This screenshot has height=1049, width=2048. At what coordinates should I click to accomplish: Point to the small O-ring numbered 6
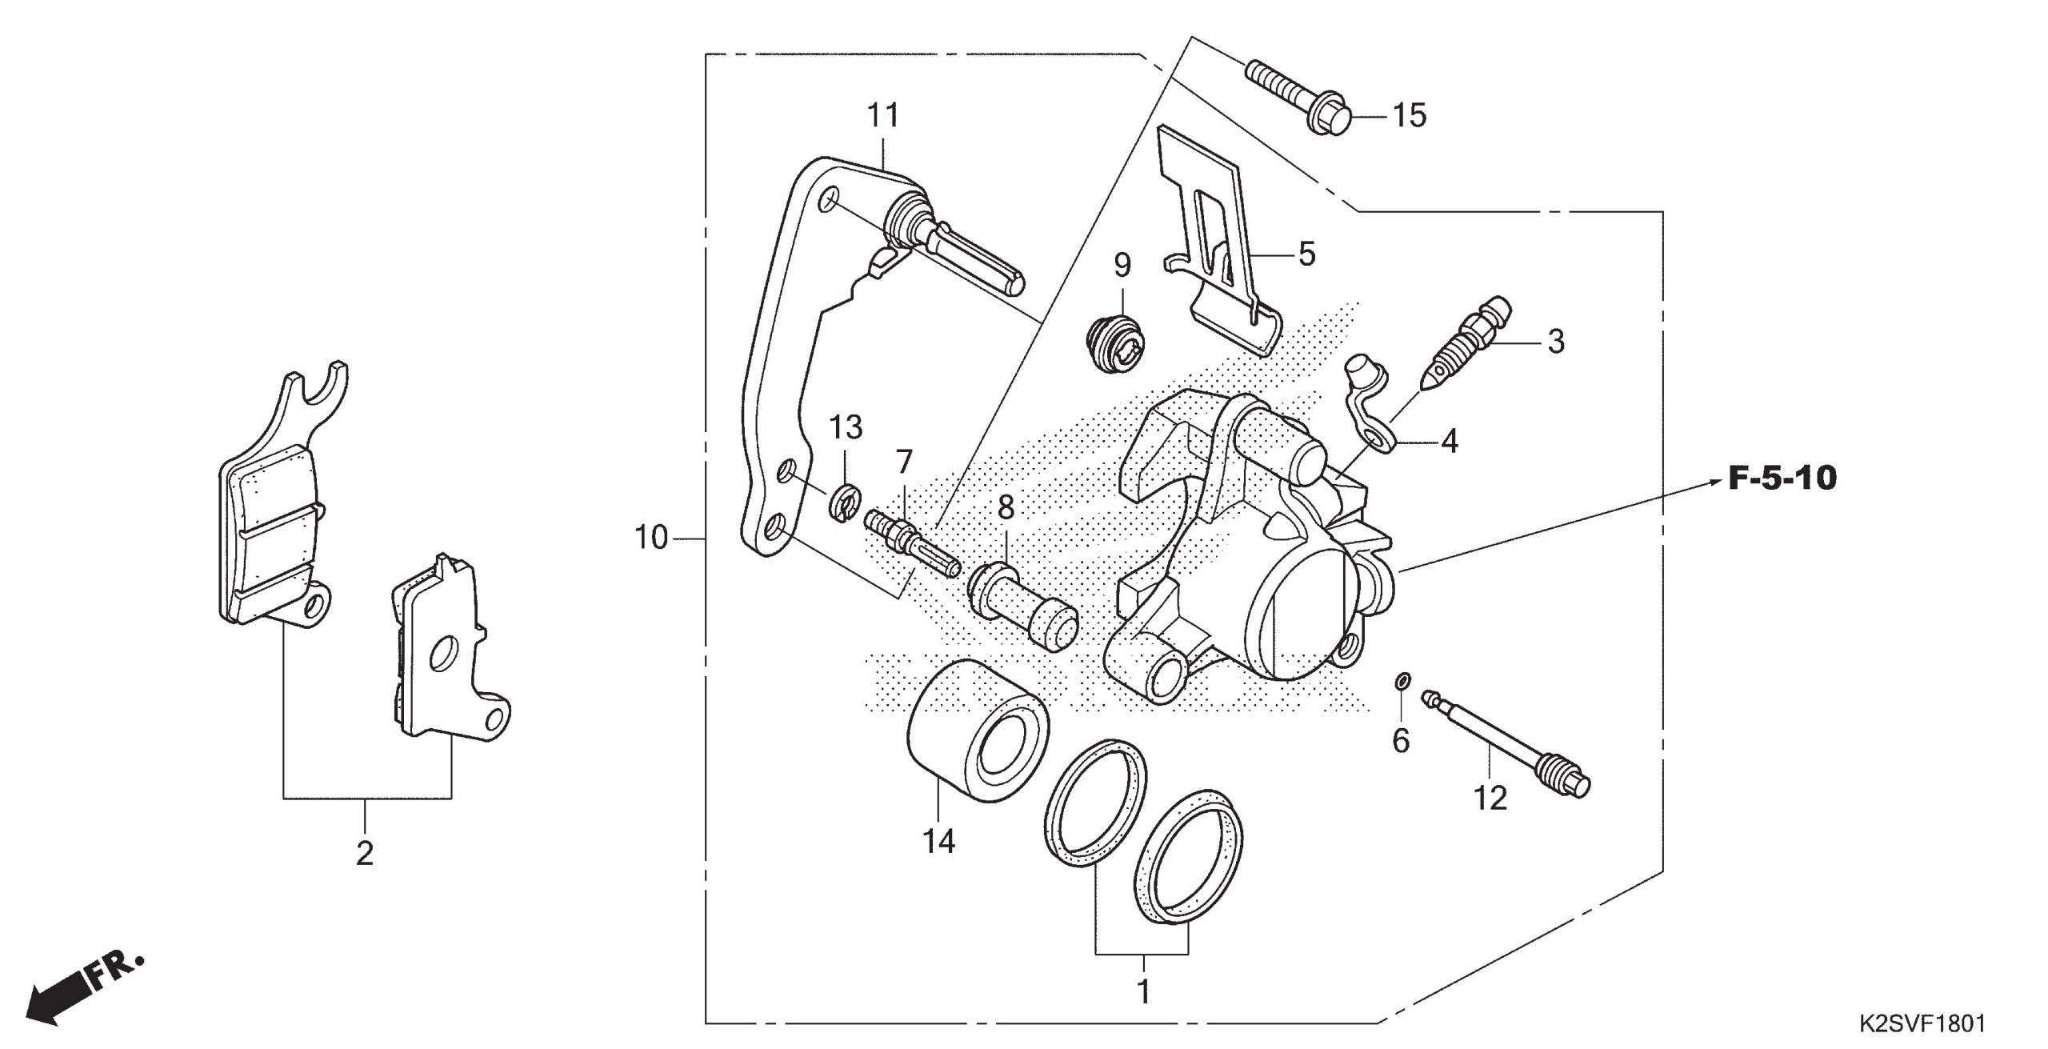click(x=1402, y=681)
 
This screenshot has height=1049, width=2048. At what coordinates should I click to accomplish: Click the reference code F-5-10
click(x=1782, y=479)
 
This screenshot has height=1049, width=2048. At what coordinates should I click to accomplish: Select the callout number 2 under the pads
click(x=365, y=855)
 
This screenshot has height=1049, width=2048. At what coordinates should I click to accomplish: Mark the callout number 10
click(x=650, y=538)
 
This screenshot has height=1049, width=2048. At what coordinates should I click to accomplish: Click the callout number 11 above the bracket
click(x=883, y=116)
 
